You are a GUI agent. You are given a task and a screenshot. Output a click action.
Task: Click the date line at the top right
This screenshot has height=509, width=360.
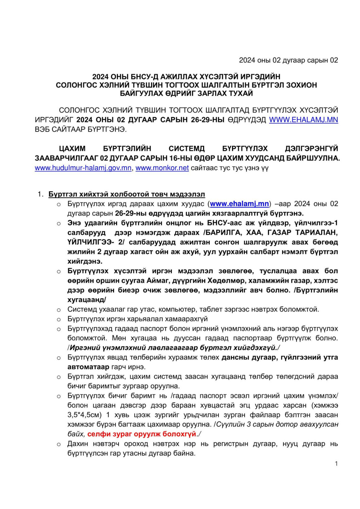288,60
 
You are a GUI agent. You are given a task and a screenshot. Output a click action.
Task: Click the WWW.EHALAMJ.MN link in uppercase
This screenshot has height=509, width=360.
303,120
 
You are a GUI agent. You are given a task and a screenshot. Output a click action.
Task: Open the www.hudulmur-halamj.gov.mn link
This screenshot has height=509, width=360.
83,168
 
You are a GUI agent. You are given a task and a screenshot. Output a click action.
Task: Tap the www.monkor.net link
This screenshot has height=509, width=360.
162,168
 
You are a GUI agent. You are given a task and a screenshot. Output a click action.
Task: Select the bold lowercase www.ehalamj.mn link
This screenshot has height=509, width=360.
239,204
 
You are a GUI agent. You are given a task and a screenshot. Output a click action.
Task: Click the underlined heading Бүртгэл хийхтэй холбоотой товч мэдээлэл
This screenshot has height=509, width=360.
127,194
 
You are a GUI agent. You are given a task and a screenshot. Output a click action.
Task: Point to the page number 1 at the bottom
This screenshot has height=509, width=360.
336,464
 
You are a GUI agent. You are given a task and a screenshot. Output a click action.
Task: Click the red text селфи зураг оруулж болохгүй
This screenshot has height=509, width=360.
142,434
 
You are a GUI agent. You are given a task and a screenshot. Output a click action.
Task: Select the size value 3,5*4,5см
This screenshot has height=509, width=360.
84,415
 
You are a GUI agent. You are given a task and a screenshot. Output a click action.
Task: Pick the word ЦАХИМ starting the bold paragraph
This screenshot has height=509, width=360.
72,149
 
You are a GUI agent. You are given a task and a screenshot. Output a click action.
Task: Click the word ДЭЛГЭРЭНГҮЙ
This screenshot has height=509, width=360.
311,149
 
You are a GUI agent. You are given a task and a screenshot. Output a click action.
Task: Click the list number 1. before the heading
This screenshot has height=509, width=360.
41,194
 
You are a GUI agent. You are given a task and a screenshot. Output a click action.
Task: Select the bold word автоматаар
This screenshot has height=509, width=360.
88,367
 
